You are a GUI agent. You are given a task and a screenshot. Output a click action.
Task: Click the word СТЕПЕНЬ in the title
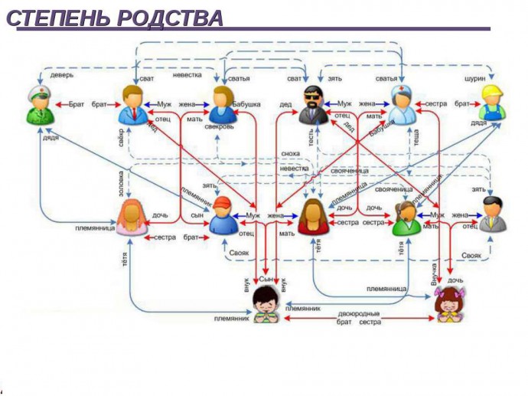[x=58, y=18]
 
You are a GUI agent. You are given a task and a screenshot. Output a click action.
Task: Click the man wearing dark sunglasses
[x=312, y=105]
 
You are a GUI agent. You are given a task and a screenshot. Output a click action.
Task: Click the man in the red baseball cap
[x=223, y=215]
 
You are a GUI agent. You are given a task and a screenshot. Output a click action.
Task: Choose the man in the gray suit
[x=492, y=214]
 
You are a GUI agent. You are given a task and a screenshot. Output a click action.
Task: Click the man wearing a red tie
[x=133, y=105]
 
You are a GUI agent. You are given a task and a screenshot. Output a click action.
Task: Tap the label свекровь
[x=220, y=127]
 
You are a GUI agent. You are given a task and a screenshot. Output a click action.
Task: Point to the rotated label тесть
[x=311, y=139]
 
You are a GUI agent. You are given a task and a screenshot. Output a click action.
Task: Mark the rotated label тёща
[x=417, y=138]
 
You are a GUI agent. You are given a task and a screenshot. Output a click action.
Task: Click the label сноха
[x=291, y=154]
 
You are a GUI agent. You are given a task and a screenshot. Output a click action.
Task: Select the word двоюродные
[x=359, y=313]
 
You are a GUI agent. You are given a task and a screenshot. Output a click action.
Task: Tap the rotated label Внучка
[x=434, y=273]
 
